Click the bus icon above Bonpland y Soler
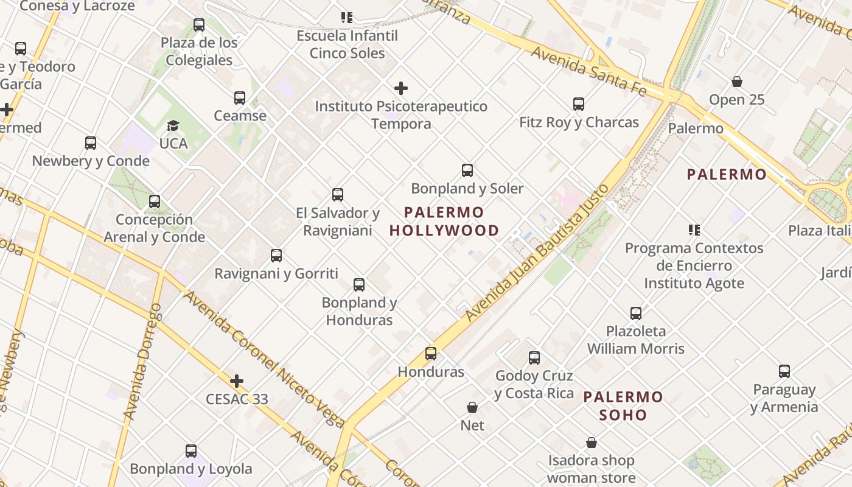(467, 170)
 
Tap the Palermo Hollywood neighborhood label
(444, 222)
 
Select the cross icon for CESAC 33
(237, 382)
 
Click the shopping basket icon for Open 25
(736, 82)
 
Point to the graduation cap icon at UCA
(173, 126)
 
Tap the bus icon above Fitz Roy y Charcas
(579, 104)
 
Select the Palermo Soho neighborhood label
(623, 406)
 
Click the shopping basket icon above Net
(472, 407)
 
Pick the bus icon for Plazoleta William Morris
(636, 314)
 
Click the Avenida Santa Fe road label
(588, 70)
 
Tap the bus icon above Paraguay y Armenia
(784, 371)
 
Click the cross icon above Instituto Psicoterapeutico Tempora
(401, 88)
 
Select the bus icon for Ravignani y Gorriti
(276, 256)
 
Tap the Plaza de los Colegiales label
(199, 51)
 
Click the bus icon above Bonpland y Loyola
(191, 451)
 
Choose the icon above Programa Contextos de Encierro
(694, 230)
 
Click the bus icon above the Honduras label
(431, 354)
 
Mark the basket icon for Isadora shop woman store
(591, 443)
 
